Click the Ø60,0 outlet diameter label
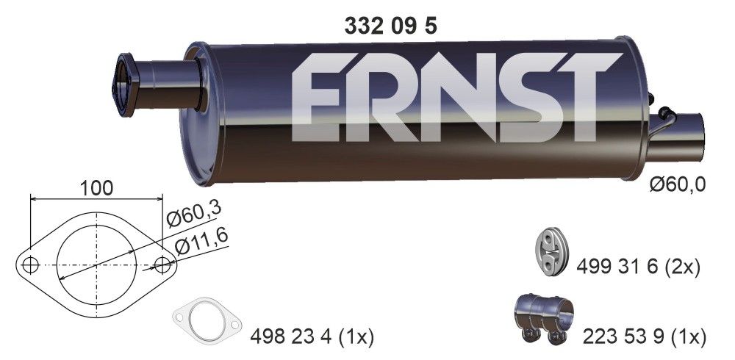[x=678, y=184]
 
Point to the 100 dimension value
[x=96, y=188]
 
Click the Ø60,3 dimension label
[x=193, y=214]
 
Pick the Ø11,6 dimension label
[x=201, y=240]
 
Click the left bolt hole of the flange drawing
[x=30, y=265]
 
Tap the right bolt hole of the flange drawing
[x=162, y=265]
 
